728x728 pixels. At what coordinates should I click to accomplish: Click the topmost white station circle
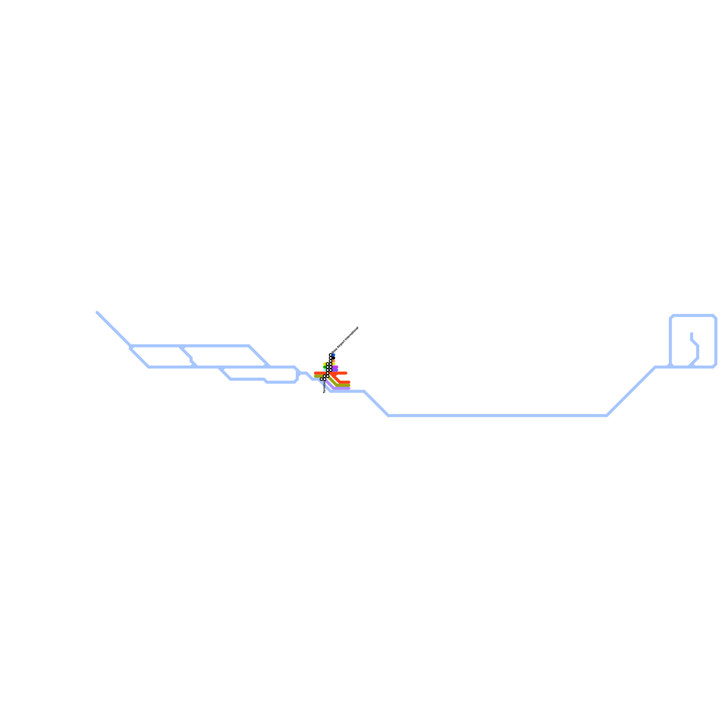[x=330, y=355]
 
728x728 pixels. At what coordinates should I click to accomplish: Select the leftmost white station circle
[x=322, y=379]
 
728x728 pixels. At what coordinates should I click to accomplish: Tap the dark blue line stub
[x=334, y=355]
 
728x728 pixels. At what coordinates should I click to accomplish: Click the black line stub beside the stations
[x=334, y=358]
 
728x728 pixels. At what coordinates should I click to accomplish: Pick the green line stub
[x=324, y=367]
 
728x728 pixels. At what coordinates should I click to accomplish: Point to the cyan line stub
[x=324, y=370]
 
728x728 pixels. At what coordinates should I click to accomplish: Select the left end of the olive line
[x=315, y=376]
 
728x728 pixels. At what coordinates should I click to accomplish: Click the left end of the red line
[x=315, y=373]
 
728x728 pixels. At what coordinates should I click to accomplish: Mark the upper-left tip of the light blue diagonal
[x=97, y=313]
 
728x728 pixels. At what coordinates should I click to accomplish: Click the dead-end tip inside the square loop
[x=692, y=334]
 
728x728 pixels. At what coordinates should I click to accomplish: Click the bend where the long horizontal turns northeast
[x=607, y=415]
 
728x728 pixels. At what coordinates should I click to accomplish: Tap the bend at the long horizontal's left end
[x=389, y=415]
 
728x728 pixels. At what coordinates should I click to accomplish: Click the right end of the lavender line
[x=349, y=388]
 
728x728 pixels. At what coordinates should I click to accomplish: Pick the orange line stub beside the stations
[x=334, y=361]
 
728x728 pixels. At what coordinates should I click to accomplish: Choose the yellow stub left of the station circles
[x=324, y=364]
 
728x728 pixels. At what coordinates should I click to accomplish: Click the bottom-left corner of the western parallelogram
[x=149, y=367]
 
